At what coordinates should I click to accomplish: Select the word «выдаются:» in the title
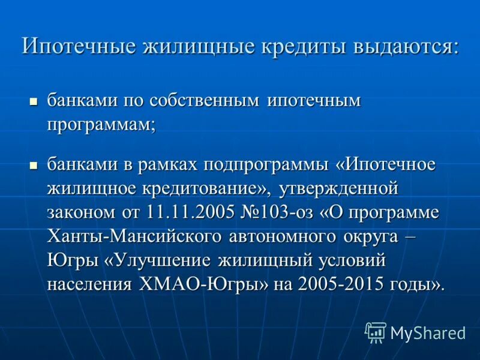(407, 46)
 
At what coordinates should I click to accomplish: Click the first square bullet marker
(34, 101)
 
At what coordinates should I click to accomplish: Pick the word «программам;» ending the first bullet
(101, 125)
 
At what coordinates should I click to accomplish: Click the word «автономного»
(292, 236)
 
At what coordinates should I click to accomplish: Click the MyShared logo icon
(376, 332)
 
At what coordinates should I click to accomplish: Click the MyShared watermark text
(428, 332)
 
